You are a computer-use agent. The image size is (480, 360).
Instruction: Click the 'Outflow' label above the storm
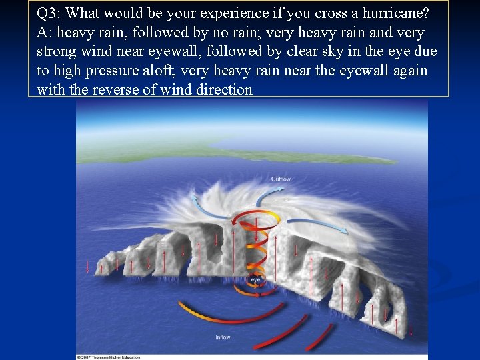coord(281,179)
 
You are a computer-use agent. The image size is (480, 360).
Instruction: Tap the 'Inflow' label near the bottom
coord(223,337)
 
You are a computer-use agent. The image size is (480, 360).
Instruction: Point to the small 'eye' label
coord(255,279)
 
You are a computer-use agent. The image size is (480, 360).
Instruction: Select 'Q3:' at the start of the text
coord(50,13)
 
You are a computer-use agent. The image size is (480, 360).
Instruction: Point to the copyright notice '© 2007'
coord(87,357)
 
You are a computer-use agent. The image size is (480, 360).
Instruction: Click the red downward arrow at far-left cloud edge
coord(87,267)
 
